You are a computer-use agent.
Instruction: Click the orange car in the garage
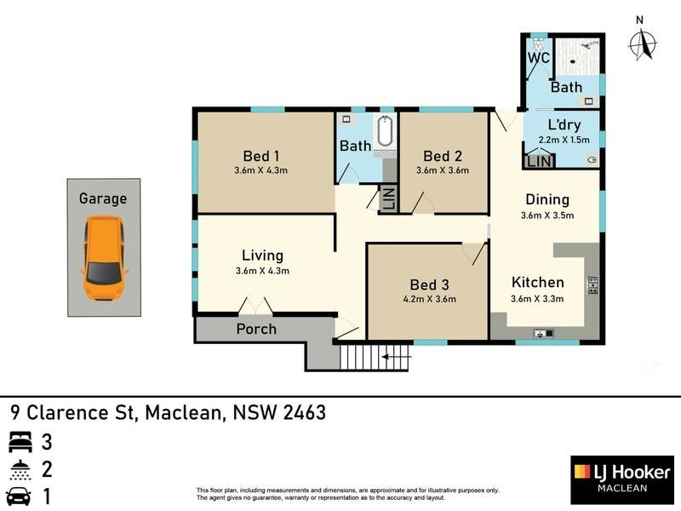tap(104, 258)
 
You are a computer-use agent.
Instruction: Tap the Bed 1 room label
tap(261, 155)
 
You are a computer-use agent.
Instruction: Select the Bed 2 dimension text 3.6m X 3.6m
tap(443, 170)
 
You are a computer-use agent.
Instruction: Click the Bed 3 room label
tap(430, 284)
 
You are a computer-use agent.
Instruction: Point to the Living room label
tap(262, 255)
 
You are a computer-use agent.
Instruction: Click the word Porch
tap(256, 329)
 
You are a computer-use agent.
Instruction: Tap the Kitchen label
tap(537, 283)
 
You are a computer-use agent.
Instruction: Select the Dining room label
tap(547, 199)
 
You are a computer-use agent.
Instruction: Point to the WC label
tap(538, 58)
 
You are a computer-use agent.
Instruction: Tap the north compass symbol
tap(642, 43)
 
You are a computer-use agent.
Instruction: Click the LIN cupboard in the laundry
tap(539, 160)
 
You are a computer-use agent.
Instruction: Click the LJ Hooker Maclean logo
tap(621, 479)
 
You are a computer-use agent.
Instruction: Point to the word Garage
tap(103, 198)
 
